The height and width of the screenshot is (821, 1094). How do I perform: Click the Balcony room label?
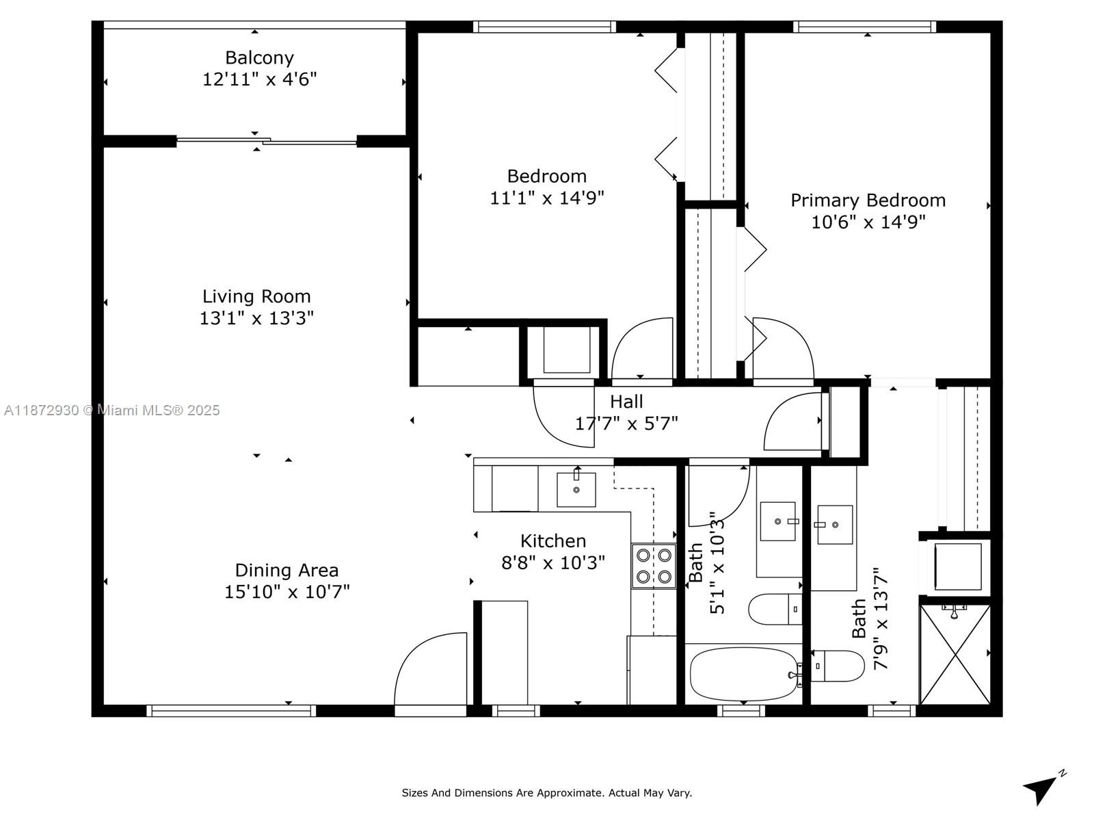tap(259, 58)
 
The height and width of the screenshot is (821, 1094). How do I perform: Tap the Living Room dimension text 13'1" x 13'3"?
tap(256, 318)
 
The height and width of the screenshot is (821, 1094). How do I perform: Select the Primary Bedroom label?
tap(868, 200)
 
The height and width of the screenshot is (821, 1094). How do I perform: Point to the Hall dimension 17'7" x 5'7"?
tap(626, 423)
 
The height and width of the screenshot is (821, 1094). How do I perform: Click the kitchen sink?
tap(576, 489)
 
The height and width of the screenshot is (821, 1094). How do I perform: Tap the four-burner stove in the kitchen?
tap(654, 566)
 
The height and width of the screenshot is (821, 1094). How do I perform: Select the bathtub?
tap(743, 674)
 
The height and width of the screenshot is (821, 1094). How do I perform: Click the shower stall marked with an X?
tap(955, 655)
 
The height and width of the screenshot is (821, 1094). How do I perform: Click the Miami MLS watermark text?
tap(111, 410)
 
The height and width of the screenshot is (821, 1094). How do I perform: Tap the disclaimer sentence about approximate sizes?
tap(547, 792)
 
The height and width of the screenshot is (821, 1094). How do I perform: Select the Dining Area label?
tap(286, 571)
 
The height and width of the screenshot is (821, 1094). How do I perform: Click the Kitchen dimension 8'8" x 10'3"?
tap(552, 563)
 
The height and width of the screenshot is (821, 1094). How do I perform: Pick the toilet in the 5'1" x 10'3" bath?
tap(775, 609)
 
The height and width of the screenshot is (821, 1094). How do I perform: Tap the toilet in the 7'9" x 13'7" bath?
tap(838, 666)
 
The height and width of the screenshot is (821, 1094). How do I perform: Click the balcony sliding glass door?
tap(266, 142)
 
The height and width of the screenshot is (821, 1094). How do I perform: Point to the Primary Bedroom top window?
tap(865, 27)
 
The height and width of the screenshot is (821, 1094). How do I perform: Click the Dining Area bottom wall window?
tap(231, 711)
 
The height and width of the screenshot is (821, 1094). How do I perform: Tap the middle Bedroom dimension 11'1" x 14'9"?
tap(547, 198)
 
